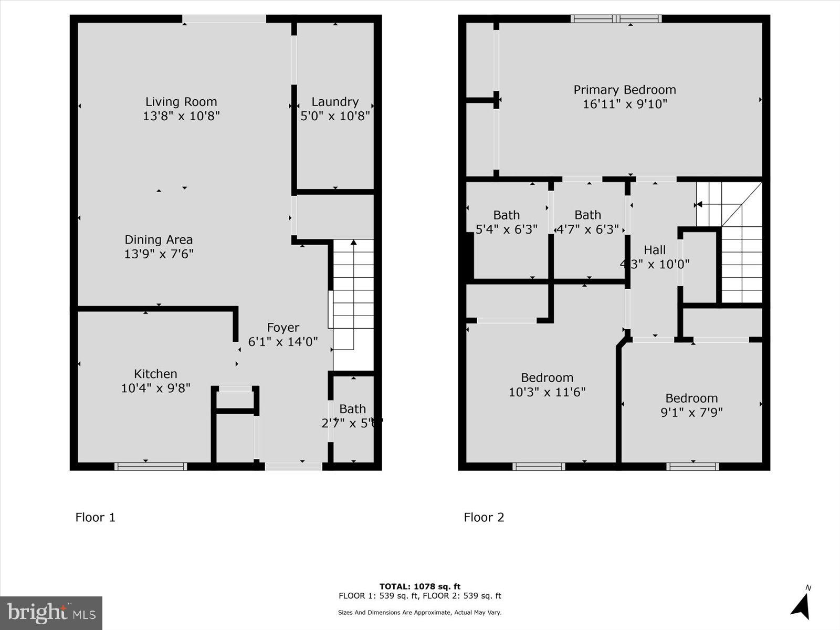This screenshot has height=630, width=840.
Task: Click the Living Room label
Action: tap(181, 102)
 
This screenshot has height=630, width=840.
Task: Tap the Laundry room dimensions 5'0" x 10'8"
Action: tap(335, 115)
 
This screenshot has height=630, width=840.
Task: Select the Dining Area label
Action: tap(159, 240)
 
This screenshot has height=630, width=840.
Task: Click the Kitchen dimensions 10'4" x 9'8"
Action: tap(155, 388)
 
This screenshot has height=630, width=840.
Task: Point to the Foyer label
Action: tap(283, 328)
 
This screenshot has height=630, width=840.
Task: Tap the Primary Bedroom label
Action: tap(624, 90)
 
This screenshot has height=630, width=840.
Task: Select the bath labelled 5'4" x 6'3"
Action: tap(506, 222)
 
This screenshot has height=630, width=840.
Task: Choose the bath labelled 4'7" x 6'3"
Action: tap(587, 222)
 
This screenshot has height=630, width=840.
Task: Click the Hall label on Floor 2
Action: tap(655, 250)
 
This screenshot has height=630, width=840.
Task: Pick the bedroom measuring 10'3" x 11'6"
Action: tap(547, 385)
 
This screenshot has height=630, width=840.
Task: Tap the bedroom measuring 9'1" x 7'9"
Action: tap(691, 405)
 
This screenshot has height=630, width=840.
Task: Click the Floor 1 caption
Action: tap(95, 517)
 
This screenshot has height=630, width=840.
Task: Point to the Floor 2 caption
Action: tap(484, 517)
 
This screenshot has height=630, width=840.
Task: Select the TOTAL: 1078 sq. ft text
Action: tap(420, 586)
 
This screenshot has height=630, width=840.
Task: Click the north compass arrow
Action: tap(801, 605)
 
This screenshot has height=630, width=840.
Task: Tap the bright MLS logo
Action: tap(51, 613)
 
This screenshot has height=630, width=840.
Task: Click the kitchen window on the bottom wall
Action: tap(151, 466)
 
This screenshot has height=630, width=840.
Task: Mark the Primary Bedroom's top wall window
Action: tap(616, 19)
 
